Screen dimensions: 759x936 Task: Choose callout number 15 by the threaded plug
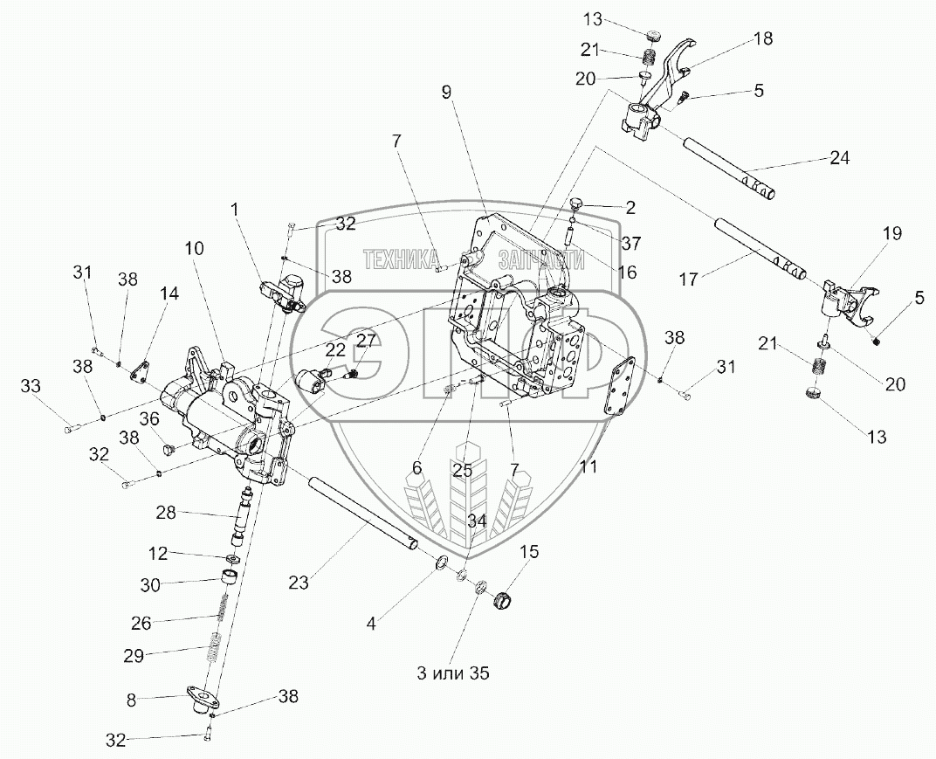click(x=529, y=551)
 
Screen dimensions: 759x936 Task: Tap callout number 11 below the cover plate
click(x=589, y=467)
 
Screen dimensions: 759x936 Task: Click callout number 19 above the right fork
click(x=891, y=234)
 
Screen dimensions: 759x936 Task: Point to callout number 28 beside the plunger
click(x=167, y=513)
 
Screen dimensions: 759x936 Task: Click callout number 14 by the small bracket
click(x=169, y=295)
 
